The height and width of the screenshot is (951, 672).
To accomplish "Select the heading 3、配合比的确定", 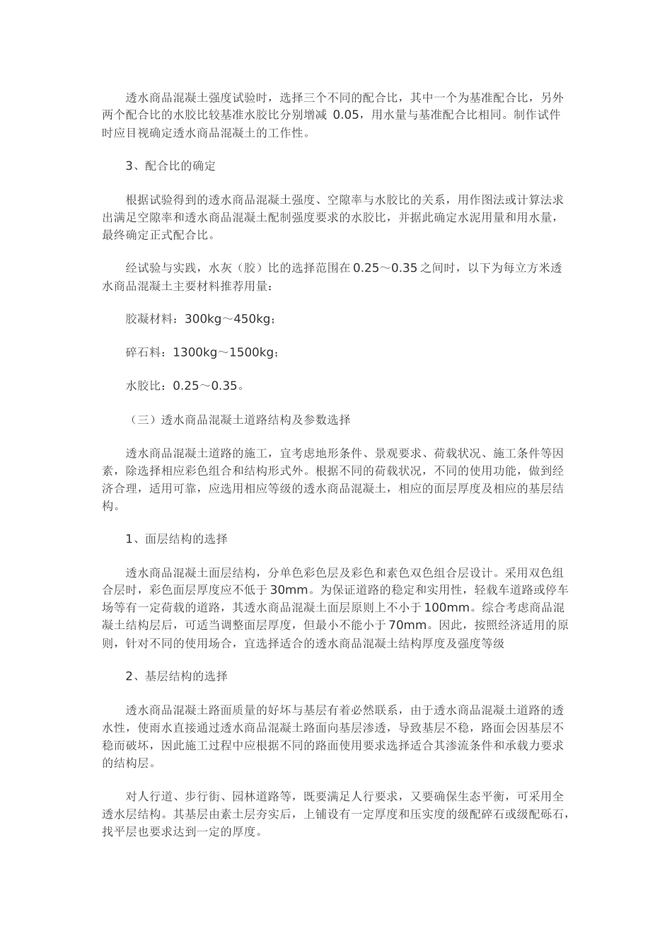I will (170, 166).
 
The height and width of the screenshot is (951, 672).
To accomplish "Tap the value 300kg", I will (202, 319).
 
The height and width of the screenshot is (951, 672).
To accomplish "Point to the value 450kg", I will (252, 319).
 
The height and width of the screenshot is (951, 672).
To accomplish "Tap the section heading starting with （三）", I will (238, 420).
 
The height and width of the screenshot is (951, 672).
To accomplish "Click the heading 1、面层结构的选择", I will (176, 539).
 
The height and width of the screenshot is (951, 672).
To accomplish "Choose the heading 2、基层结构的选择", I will (176, 676).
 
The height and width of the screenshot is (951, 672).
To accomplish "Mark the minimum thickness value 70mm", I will (407, 625).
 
